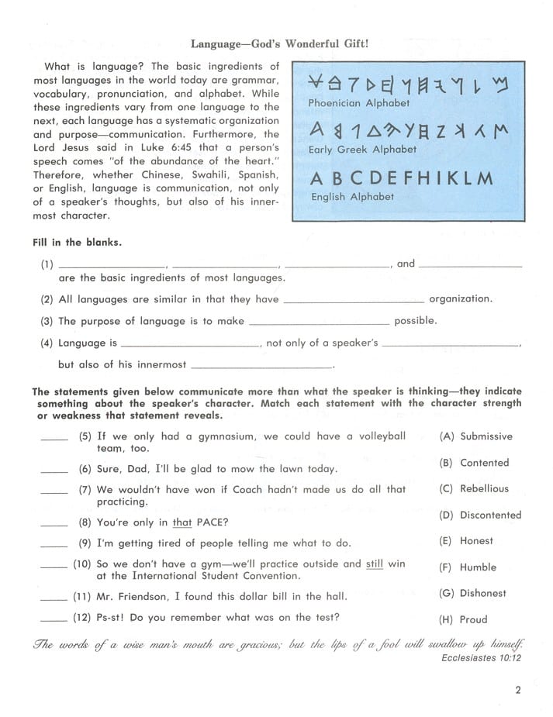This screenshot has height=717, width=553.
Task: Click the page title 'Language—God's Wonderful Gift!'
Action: [279, 44]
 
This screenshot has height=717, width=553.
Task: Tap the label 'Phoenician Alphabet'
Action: [359, 102]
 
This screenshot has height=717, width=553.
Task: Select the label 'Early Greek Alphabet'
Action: [362, 150]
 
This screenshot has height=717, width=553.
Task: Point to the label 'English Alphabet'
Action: [353, 197]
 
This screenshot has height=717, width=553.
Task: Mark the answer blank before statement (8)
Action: [54, 524]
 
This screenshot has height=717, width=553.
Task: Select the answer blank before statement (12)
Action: [54, 620]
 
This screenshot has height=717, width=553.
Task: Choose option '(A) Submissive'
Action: [475, 436]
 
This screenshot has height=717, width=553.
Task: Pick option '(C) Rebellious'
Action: [474, 489]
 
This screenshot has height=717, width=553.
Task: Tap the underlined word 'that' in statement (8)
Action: [182, 522]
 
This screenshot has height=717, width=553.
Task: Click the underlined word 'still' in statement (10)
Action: [375, 564]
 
